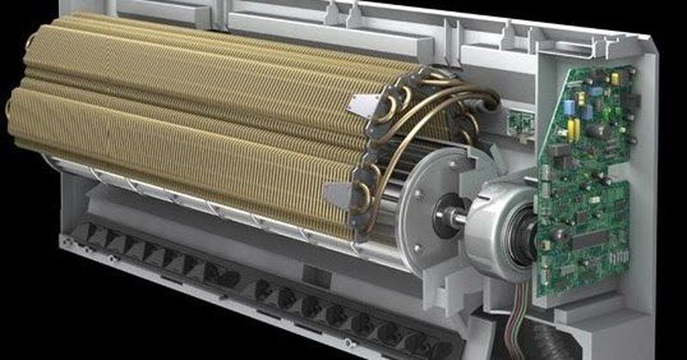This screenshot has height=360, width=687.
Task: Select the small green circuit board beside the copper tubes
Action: pyautogui.click(x=517, y=121)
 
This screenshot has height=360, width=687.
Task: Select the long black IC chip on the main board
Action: pyautogui.click(x=593, y=240)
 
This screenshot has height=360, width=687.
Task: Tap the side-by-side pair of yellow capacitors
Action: pyautogui.click(x=573, y=128)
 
